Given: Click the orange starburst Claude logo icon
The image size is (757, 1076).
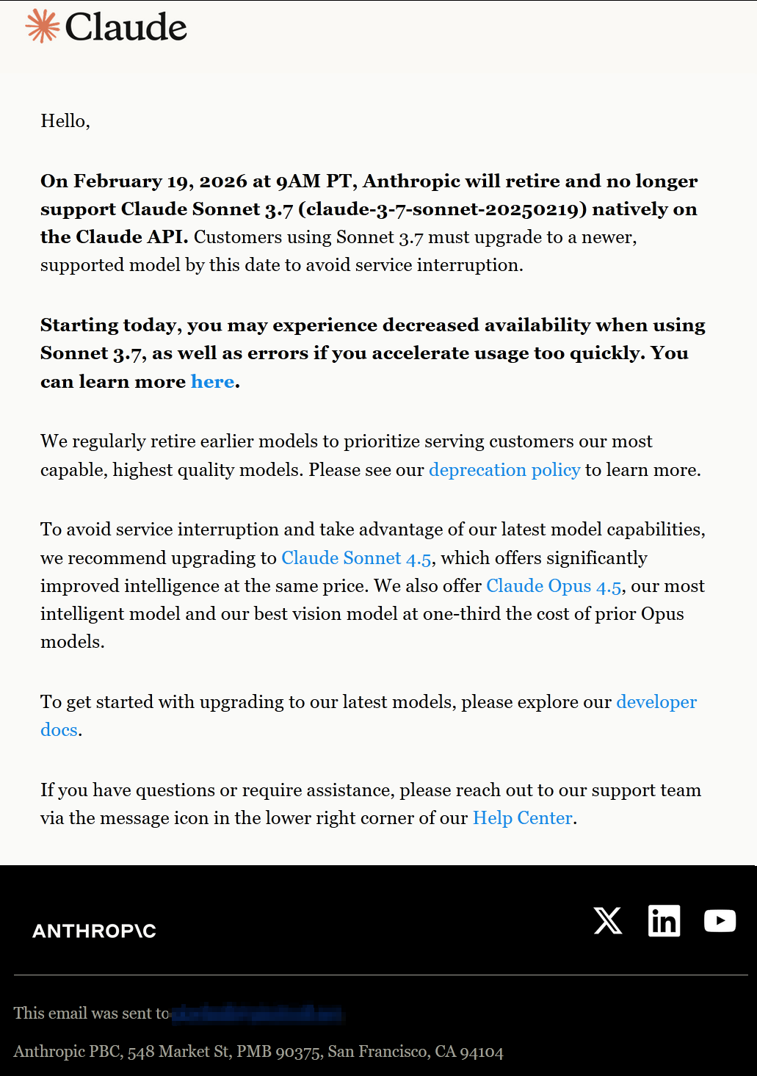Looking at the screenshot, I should (43, 26).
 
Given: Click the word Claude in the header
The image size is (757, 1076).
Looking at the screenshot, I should (126, 27).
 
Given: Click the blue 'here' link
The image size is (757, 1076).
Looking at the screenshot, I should (212, 382).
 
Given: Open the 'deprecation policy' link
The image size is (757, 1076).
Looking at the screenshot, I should (504, 470).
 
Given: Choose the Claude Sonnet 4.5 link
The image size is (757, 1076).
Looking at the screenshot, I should (356, 558).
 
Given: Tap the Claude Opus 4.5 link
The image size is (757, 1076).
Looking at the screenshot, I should (554, 586).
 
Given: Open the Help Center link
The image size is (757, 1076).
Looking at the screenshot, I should (522, 818).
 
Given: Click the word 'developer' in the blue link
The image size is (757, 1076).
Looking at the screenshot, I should (656, 702).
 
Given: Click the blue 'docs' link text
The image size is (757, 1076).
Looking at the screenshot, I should (59, 730).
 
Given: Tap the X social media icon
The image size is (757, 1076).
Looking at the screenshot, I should (608, 920).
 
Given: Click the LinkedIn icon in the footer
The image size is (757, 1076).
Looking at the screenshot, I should (664, 920).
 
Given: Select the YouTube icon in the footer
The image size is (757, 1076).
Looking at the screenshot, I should (720, 920).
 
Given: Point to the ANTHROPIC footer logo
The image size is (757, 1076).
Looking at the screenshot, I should (94, 931).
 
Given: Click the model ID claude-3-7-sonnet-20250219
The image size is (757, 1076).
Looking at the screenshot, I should (443, 209).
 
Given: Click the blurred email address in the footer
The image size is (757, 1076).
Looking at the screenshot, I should (257, 1014).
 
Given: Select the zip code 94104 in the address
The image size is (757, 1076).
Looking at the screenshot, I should (482, 1052).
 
